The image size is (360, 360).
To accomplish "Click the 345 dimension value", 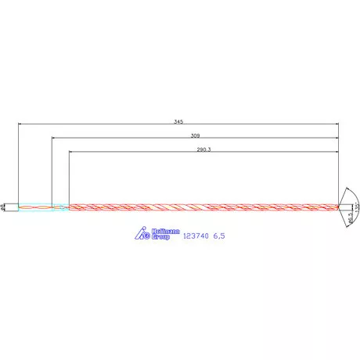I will tap(179, 121).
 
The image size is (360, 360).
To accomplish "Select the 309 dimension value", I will tap(195, 135).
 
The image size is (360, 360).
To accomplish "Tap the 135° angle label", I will tap(355, 207).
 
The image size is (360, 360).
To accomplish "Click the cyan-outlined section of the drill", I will tap(43, 207).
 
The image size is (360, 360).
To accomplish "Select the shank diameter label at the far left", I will tap(5, 207).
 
